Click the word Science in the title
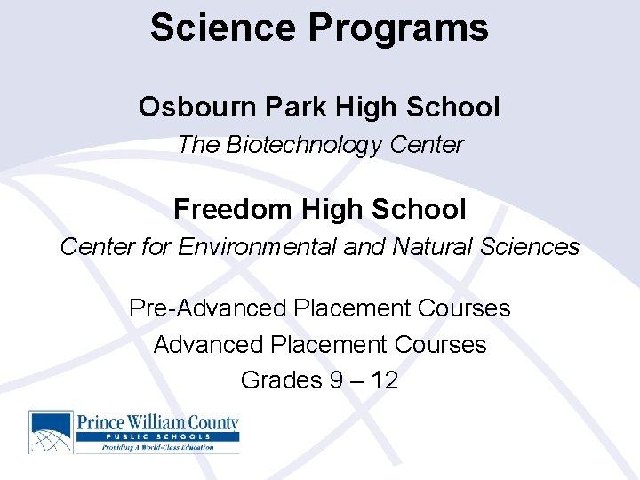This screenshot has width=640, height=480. [x=223, y=28]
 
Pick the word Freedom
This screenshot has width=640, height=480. [x=232, y=209]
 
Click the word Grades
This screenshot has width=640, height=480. [x=281, y=380]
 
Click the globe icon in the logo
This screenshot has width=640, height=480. [x=51, y=432]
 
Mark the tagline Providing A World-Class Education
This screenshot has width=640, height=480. [x=156, y=447]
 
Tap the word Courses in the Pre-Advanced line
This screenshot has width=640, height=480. [x=461, y=308]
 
